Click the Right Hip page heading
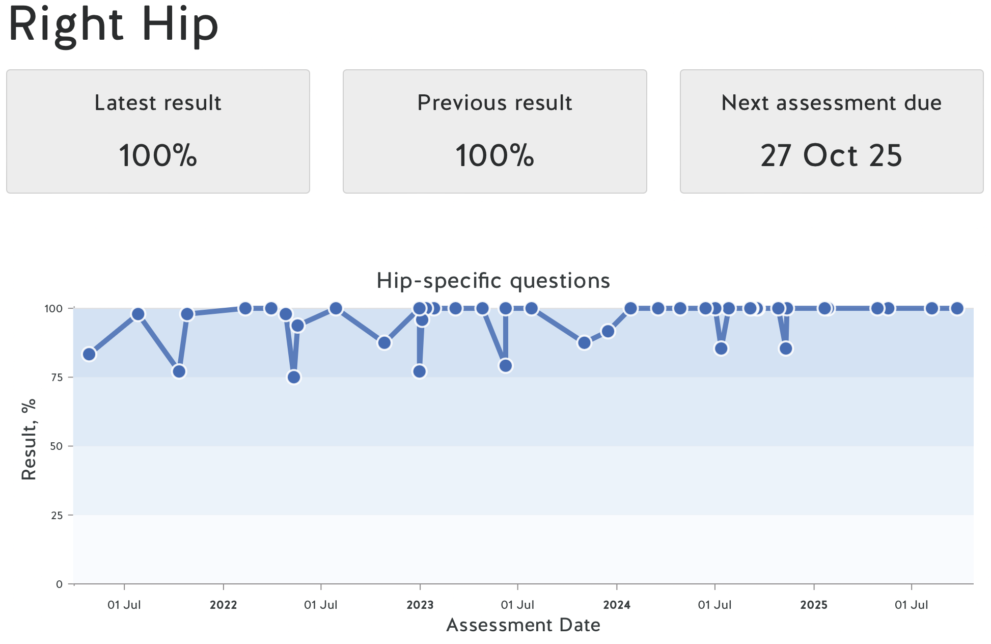(114, 24)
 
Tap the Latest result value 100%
(158, 155)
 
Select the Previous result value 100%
(494, 155)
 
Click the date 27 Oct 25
(831, 155)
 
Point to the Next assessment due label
(831, 103)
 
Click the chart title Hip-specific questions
(493, 281)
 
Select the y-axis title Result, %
(29, 439)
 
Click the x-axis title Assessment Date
(523, 625)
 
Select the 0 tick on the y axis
(59, 584)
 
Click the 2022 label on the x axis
(223, 605)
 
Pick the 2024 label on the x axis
(617, 605)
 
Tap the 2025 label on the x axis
(813, 605)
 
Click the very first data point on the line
(89, 354)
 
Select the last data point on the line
(957, 308)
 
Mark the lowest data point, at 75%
(294, 377)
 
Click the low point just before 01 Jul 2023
(505, 366)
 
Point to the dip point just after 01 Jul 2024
(721, 348)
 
